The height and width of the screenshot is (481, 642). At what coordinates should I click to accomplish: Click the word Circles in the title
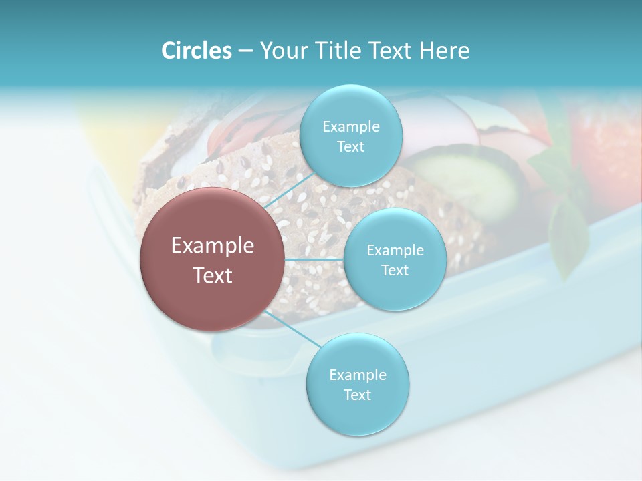click(x=196, y=51)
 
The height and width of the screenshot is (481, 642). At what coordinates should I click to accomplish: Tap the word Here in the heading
click(x=444, y=51)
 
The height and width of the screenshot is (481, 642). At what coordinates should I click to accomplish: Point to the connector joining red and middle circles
click(x=314, y=259)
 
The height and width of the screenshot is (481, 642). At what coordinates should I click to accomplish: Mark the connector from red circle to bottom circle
click(x=292, y=329)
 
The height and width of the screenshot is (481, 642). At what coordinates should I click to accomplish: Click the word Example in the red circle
click(x=213, y=246)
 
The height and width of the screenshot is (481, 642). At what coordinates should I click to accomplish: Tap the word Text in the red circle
click(x=213, y=275)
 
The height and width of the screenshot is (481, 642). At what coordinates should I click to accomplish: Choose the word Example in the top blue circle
click(x=350, y=126)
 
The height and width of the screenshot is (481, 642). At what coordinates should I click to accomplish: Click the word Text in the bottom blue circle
click(x=357, y=395)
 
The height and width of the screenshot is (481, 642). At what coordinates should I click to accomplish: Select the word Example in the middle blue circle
click(x=395, y=250)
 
